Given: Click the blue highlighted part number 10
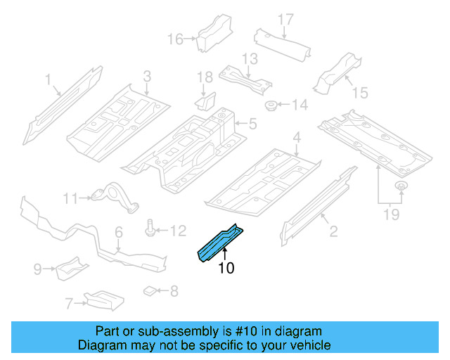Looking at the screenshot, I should click(x=219, y=243).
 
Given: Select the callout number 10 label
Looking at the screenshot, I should click(x=226, y=268).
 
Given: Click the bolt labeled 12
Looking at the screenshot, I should click(x=151, y=229).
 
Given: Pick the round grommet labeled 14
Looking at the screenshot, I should click(x=269, y=106).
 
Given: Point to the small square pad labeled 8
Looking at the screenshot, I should click(x=149, y=289).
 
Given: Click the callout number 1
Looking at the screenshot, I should click(x=49, y=81).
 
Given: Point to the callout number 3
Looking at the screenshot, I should click(x=147, y=76).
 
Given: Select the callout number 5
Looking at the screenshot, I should click(x=252, y=125).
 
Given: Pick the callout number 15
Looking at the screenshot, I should click(x=359, y=92).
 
